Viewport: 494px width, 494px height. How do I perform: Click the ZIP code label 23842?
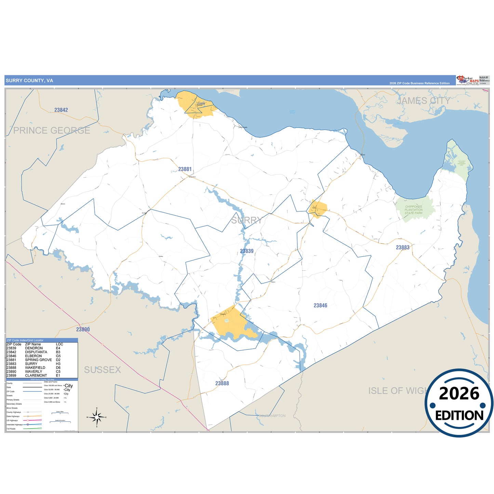tap(61, 110)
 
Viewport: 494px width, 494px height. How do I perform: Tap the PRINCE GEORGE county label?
tap(52, 131)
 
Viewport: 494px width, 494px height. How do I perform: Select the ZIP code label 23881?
tap(185, 169)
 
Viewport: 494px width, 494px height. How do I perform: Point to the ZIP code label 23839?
tap(247, 251)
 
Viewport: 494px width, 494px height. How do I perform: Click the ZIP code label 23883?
tap(403, 248)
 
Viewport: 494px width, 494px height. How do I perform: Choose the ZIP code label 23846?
tap(320, 306)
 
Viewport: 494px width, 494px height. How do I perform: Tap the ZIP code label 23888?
tap(222, 384)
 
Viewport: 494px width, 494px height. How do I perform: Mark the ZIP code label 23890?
tap(83, 330)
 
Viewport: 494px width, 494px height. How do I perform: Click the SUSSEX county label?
tap(103, 370)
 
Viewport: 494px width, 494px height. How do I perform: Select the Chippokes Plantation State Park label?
tap(414, 210)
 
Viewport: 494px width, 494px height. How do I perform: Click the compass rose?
tap(97, 417)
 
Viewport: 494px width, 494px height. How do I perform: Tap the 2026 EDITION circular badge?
tap(459, 403)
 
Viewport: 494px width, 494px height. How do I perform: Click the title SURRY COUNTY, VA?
tap(29, 81)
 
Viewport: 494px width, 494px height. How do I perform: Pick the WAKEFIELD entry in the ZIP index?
tap(35, 368)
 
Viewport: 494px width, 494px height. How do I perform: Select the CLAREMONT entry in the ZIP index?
tap(36, 376)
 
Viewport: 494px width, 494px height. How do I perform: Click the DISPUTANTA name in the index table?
tap(36, 352)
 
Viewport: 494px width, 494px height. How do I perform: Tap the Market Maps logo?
tap(468, 81)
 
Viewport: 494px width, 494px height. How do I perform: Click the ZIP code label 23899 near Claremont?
tap(201, 104)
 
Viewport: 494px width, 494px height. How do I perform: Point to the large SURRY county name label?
tap(246, 221)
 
